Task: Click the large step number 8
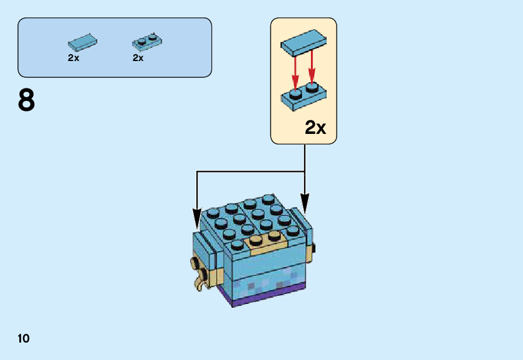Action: [x=26, y=100]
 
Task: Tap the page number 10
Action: [x=24, y=339]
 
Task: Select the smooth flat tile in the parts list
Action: [x=82, y=43]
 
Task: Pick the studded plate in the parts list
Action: [x=147, y=42]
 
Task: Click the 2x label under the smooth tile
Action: [x=74, y=58]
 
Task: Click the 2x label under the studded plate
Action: [x=138, y=58]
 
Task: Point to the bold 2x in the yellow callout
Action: [x=315, y=128]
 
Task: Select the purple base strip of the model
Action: [x=268, y=296]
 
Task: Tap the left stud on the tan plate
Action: [x=256, y=240]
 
